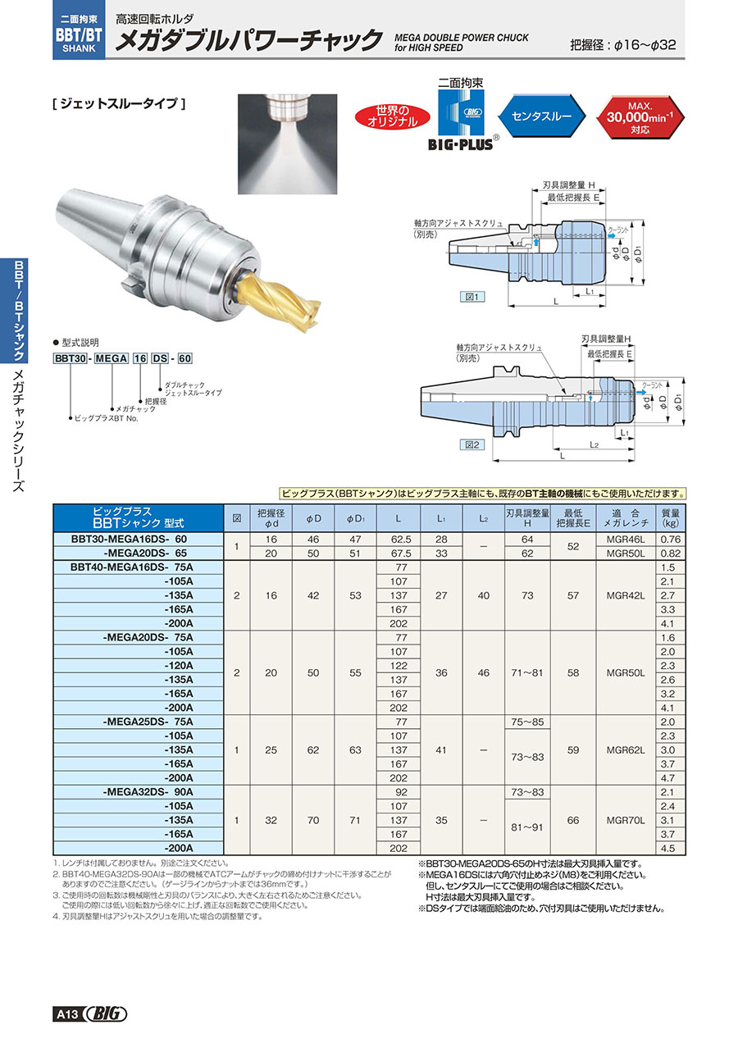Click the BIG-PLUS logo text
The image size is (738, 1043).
coord(460,144)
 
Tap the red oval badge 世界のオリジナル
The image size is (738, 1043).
coord(392,117)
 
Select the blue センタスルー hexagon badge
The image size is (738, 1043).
coord(541,116)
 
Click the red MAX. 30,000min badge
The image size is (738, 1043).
coord(640,117)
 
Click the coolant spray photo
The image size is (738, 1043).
coord(287,143)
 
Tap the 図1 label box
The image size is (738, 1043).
coord(472,297)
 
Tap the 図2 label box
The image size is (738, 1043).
coord(472,444)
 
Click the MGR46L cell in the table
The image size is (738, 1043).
coord(626,540)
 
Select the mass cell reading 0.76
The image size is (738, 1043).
coord(671,540)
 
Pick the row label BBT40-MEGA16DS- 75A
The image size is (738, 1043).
coord(132,567)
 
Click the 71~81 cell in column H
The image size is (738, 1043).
coord(527,673)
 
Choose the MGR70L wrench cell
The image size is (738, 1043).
coord(626,821)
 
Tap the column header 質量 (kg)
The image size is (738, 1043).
coord(671,518)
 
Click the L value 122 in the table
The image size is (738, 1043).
coord(399,666)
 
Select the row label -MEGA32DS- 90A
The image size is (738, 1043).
coord(148,792)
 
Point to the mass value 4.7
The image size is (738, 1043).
coord(667,778)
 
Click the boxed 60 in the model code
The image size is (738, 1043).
coord(184,358)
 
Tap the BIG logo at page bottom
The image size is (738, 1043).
coord(107,1013)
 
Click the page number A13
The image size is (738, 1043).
coord(68,1014)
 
